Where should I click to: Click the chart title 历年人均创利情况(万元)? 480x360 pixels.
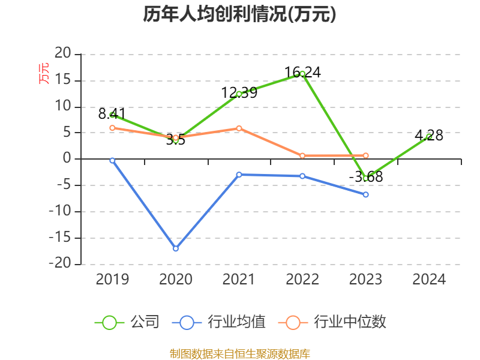[x=239, y=14]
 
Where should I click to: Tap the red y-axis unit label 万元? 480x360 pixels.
[x=44, y=73]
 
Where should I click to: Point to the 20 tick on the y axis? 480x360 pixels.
[x=63, y=53]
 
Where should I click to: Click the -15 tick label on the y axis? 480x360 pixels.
[x=60, y=238]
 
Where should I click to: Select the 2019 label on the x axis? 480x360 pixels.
[x=112, y=279]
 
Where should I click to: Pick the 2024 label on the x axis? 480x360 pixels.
[x=429, y=279]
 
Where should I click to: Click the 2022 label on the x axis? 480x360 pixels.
[x=302, y=279]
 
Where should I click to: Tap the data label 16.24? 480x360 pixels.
[x=302, y=73]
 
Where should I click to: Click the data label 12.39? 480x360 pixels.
[x=239, y=93]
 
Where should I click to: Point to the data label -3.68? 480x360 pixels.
[x=366, y=176]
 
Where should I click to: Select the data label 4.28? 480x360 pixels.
[x=429, y=136]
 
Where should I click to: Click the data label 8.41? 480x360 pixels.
[x=112, y=114]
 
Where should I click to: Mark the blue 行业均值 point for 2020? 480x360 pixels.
[x=176, y=248]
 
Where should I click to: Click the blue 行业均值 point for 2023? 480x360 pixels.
[x=365, y=194]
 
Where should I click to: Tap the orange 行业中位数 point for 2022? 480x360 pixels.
[x=302, y=156]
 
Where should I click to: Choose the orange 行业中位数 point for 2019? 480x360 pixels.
[x=112, y=128]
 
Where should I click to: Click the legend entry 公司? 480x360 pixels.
[x=127, y=322]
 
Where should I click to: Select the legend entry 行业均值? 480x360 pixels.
[x=218, y=322]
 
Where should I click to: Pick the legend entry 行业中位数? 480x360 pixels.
[x=332, y=322]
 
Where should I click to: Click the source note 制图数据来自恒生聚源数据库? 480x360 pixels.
[x=239, y=354]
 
